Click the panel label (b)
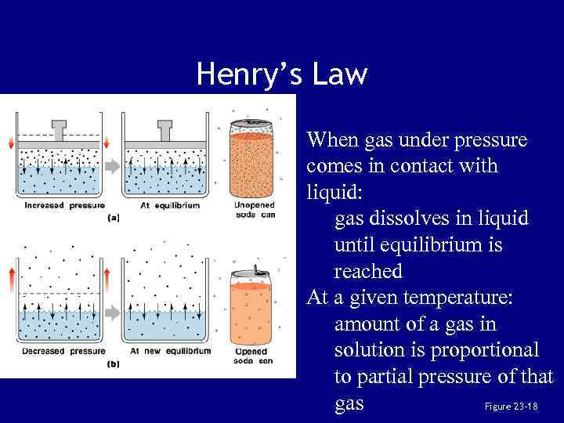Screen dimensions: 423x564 tap(114, 363)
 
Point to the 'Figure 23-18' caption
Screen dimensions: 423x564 tap(511, 407)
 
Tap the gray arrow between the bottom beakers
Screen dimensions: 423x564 tap(113, 311)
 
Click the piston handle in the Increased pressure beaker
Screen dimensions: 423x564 tap(60, 128)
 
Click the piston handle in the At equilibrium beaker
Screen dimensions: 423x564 tap(165, 128)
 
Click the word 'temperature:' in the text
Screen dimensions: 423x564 tap(443, 298)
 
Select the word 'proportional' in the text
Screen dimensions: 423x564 tap(482, 350)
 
